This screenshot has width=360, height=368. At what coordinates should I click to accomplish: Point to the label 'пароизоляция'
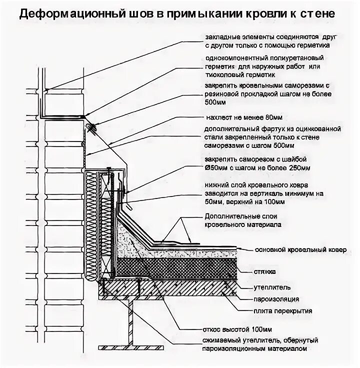tap(276, 299)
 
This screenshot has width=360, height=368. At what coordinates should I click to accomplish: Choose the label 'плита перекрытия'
tap(281, 310)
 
